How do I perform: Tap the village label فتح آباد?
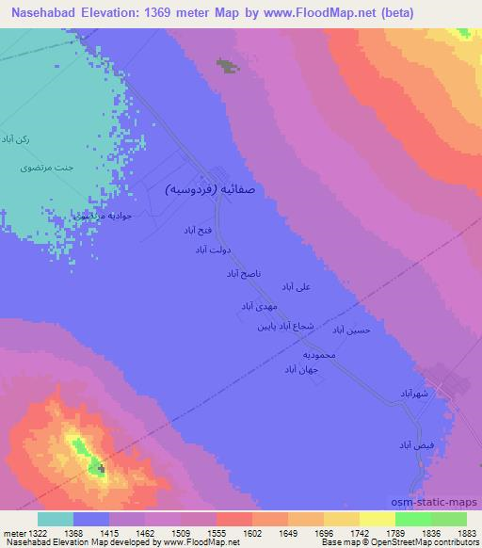202,230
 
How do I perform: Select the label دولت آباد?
214,250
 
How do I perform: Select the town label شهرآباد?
414,392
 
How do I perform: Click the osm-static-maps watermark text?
441,500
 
